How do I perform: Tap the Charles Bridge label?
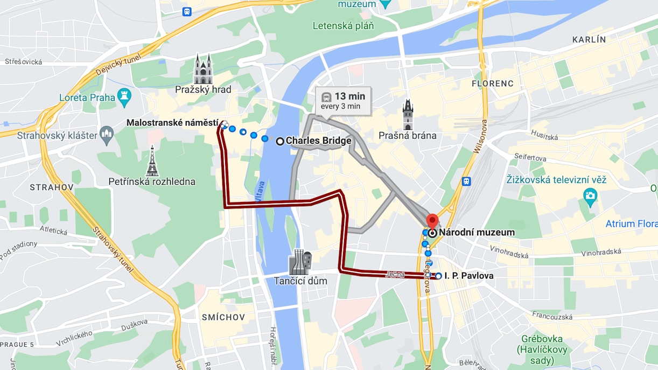click(x=318, y=141)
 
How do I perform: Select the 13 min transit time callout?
click(x=343, y=101)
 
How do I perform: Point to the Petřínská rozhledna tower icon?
click(x=152, y=161)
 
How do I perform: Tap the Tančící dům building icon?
click(x=300, y=262)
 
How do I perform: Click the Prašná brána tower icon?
click(x=408, y=115)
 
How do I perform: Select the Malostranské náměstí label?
click(x=172, y=123)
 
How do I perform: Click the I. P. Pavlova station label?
click(x=468, y=276)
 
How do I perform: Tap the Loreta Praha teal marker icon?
click(x=124, y=97)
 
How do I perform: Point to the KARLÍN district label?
click(x=589, y=40)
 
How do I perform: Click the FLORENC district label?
click(x=493, y=83)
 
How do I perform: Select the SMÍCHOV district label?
click(x=223, y=317)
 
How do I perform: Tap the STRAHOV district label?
click(x=52, y=187)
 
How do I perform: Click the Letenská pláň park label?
click(x=343, y=25)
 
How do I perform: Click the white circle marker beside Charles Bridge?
click(x=280, y=141)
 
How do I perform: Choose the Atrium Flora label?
click(x=631, y=224)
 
